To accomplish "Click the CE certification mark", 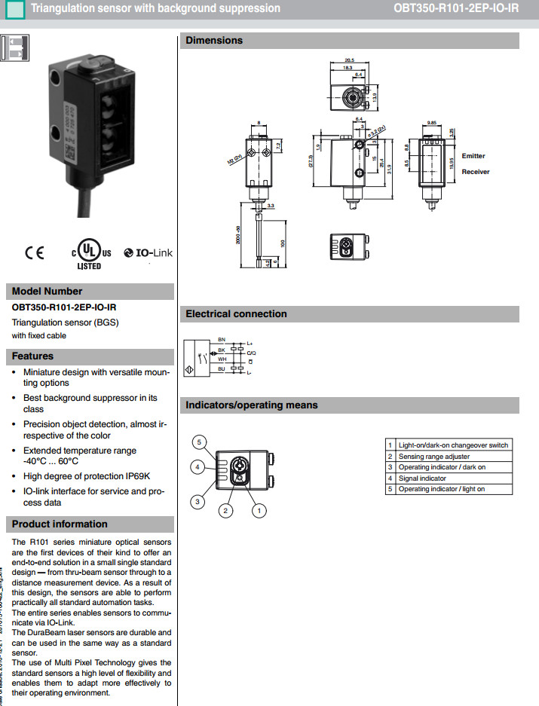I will click(x=35, y=253).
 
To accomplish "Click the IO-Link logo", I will click(x=149, y=253).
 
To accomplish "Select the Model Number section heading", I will click(x=47, y=292).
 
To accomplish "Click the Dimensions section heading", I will click(x=214, y=41).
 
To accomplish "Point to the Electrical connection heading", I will click(x=236, y=314).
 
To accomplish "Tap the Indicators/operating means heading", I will click(x=252, y=405).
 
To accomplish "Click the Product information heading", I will click(x=60, y=524).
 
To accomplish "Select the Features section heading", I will click(x=32, y=356).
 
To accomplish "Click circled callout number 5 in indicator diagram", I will click(x=198, y=442).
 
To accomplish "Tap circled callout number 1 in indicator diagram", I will click(x=259, y=511).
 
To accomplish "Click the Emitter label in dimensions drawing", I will click(x=473, y=156).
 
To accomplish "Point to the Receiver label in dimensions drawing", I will click(x=476, y=172).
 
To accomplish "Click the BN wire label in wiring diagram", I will click(x=221, y=340).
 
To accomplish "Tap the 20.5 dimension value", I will click(x=349, y=60).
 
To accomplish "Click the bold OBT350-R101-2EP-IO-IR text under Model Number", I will click(x=63, y=307).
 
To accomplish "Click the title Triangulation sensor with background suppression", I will click(x=155, y=9).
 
